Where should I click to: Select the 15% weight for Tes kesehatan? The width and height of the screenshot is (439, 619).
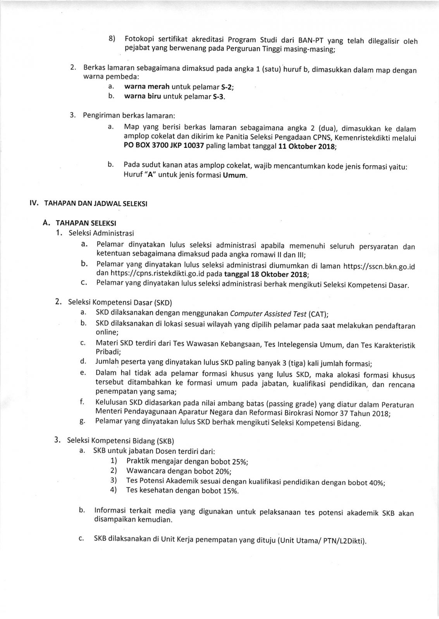tap(231, 491)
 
